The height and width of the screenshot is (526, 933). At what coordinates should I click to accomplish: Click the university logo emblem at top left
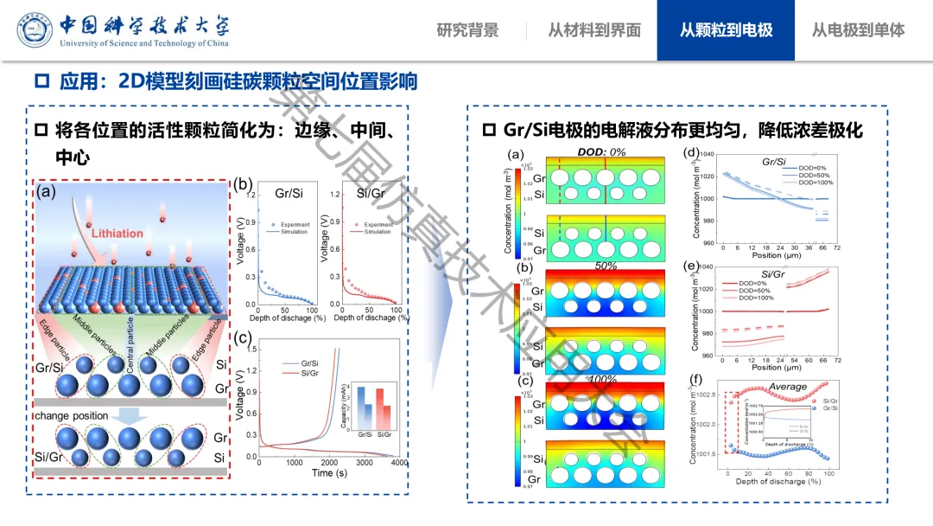click(x=34, y=30)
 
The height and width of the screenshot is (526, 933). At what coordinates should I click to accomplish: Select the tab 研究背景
click(x=467, y=30)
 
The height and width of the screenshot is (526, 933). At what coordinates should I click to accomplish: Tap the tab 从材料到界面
click(x=594, y=30)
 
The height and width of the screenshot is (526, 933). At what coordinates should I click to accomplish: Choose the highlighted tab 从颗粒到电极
click(x=726, y=30)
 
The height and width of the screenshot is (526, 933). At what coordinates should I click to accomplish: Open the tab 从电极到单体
click(x=858, y=30)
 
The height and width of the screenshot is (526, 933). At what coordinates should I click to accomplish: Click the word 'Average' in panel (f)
click(x=787, y=387)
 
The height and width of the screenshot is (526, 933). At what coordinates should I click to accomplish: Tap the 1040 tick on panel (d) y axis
click(x=708, y=154)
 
